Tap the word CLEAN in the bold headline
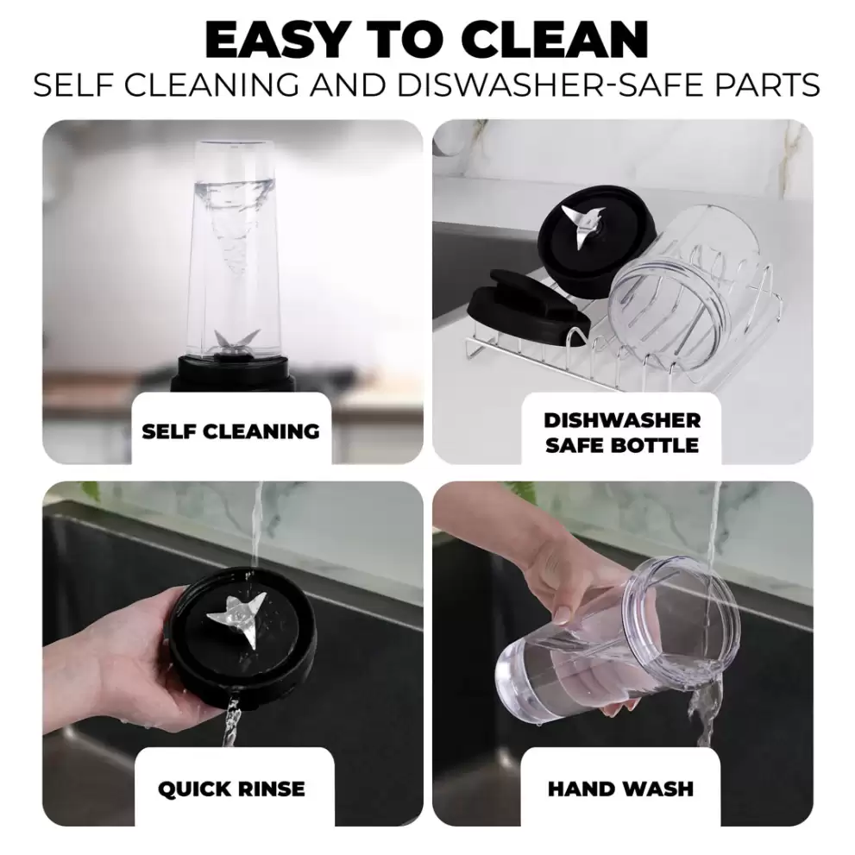pyautogui.click(x=558, y=40)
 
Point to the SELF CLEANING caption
pyautogui.click(x=230, y=431)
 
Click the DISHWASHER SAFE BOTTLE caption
pyautogui.click(x=622, y=432)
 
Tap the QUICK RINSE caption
pyautogui.click(x=231, y=789)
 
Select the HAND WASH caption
pyautogui.click(x=620, y=789)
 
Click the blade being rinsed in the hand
pyautogui.click(x=238, y=619)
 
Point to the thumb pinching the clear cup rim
pyautogui.click(x=567, y=613)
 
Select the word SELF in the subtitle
pyautogui.click(x=75, y=85)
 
